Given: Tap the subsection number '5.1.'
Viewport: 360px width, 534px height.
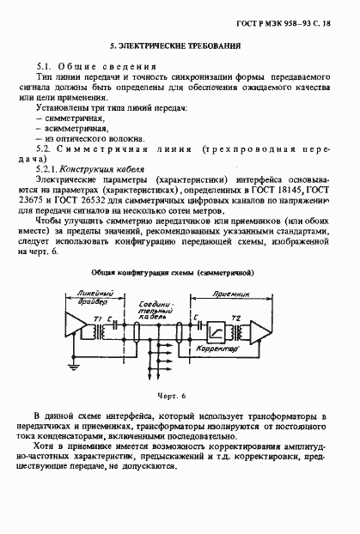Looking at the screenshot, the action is tap(47, 65).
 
